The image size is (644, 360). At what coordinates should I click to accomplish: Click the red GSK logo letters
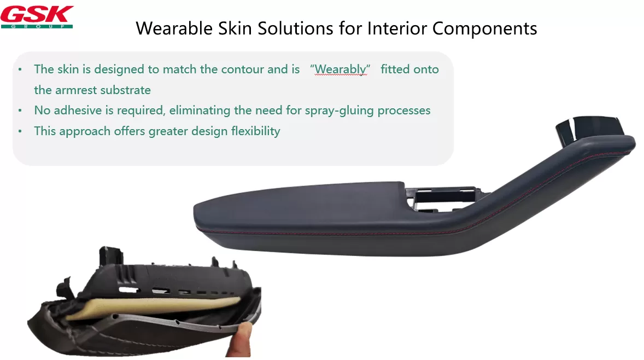pyautogui.click(x=37, y=14)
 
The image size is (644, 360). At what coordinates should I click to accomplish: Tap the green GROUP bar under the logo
pyautogui.click(x=37, y=26)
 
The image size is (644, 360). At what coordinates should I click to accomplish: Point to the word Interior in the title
pyautogui.click(x=397, y=28)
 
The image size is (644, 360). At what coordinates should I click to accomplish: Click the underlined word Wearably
pyautogui.click(x=341, y=69)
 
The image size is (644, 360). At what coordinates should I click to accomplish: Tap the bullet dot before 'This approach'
pyautogui.click(x=20, y=131)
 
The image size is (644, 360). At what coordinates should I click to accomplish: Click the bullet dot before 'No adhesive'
pyautogui.click(x=20, y=111)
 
